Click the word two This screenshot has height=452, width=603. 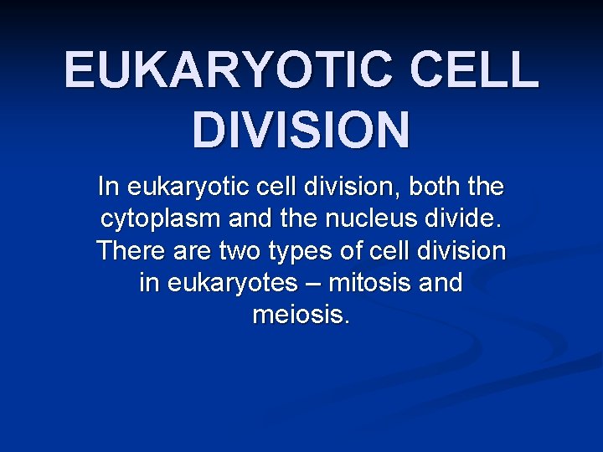tap(242, 250)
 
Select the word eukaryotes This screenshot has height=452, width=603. tap(232, 284)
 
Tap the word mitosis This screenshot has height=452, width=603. tap(368, 283)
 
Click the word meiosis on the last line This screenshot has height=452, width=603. tap(301, 316)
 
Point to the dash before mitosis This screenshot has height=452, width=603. tap(312, 284)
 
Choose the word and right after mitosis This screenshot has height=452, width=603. tap(440, 283)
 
